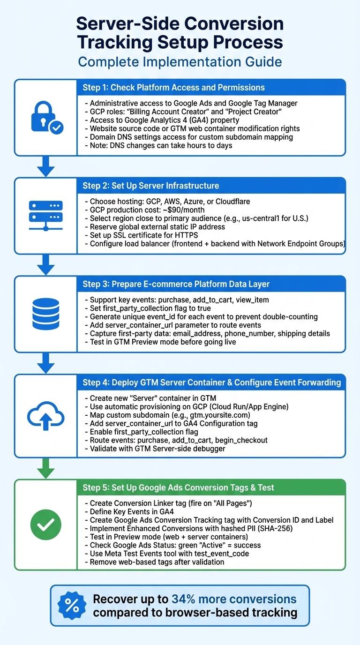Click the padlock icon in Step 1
coord(45,117)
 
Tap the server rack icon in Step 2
coord(45,215)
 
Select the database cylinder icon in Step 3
coord(45,314)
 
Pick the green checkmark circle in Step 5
coord(45,525)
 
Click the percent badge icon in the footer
coord(72,605)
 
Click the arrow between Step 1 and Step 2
coord(45,166)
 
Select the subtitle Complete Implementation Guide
coord(180,61)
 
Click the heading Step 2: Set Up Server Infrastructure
coord(151,186)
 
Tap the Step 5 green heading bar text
coord(178,487)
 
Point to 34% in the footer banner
coord(187,599)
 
